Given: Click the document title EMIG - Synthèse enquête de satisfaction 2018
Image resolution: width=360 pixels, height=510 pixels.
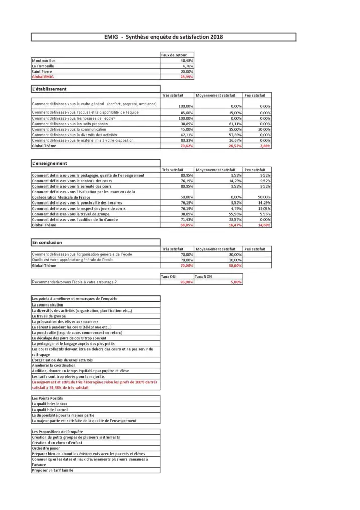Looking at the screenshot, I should pos(163,37).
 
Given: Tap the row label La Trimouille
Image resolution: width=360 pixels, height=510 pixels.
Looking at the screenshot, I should pos(43,66).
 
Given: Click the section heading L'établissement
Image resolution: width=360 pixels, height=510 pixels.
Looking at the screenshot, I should pos(49,89).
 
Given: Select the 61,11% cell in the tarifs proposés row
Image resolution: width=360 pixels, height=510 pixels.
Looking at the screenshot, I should pos(234,123).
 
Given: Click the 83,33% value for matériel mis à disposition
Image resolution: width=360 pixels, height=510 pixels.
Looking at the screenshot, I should pos(186,140).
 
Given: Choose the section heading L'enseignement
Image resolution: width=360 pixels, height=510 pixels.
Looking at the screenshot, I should pos(50,163).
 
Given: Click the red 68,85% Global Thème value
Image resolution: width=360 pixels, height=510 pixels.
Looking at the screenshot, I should pos(186,225).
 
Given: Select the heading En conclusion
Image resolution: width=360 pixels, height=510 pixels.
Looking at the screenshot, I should pos(47,242).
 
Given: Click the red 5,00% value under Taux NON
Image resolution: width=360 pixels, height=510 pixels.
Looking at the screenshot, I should pos(235,282).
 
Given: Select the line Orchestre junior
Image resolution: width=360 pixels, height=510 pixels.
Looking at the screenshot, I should pos(46,448).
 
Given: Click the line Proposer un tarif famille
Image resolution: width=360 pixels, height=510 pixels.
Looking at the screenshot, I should pos(53,470).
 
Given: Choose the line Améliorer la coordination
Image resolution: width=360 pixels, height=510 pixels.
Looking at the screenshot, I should pos(53,365).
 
